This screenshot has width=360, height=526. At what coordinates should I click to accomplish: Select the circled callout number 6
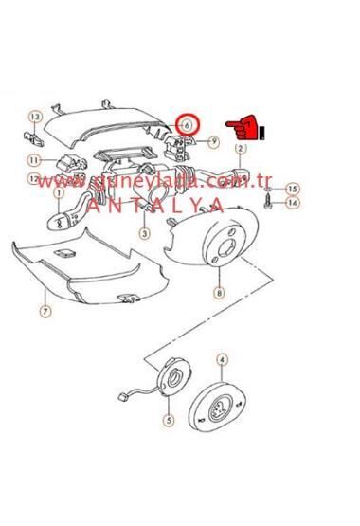tap(188, 124)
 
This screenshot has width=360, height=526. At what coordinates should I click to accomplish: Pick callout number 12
tap(34, 178)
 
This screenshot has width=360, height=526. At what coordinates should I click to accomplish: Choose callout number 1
tap(59, 193)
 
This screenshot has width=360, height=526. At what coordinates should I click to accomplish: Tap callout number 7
tap(45, 310)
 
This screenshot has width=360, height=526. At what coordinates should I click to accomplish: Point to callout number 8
tap(219, 295)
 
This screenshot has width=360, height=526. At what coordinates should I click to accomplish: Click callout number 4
tap(221, 359)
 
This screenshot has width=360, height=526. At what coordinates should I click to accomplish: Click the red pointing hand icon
tap(243, 126)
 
